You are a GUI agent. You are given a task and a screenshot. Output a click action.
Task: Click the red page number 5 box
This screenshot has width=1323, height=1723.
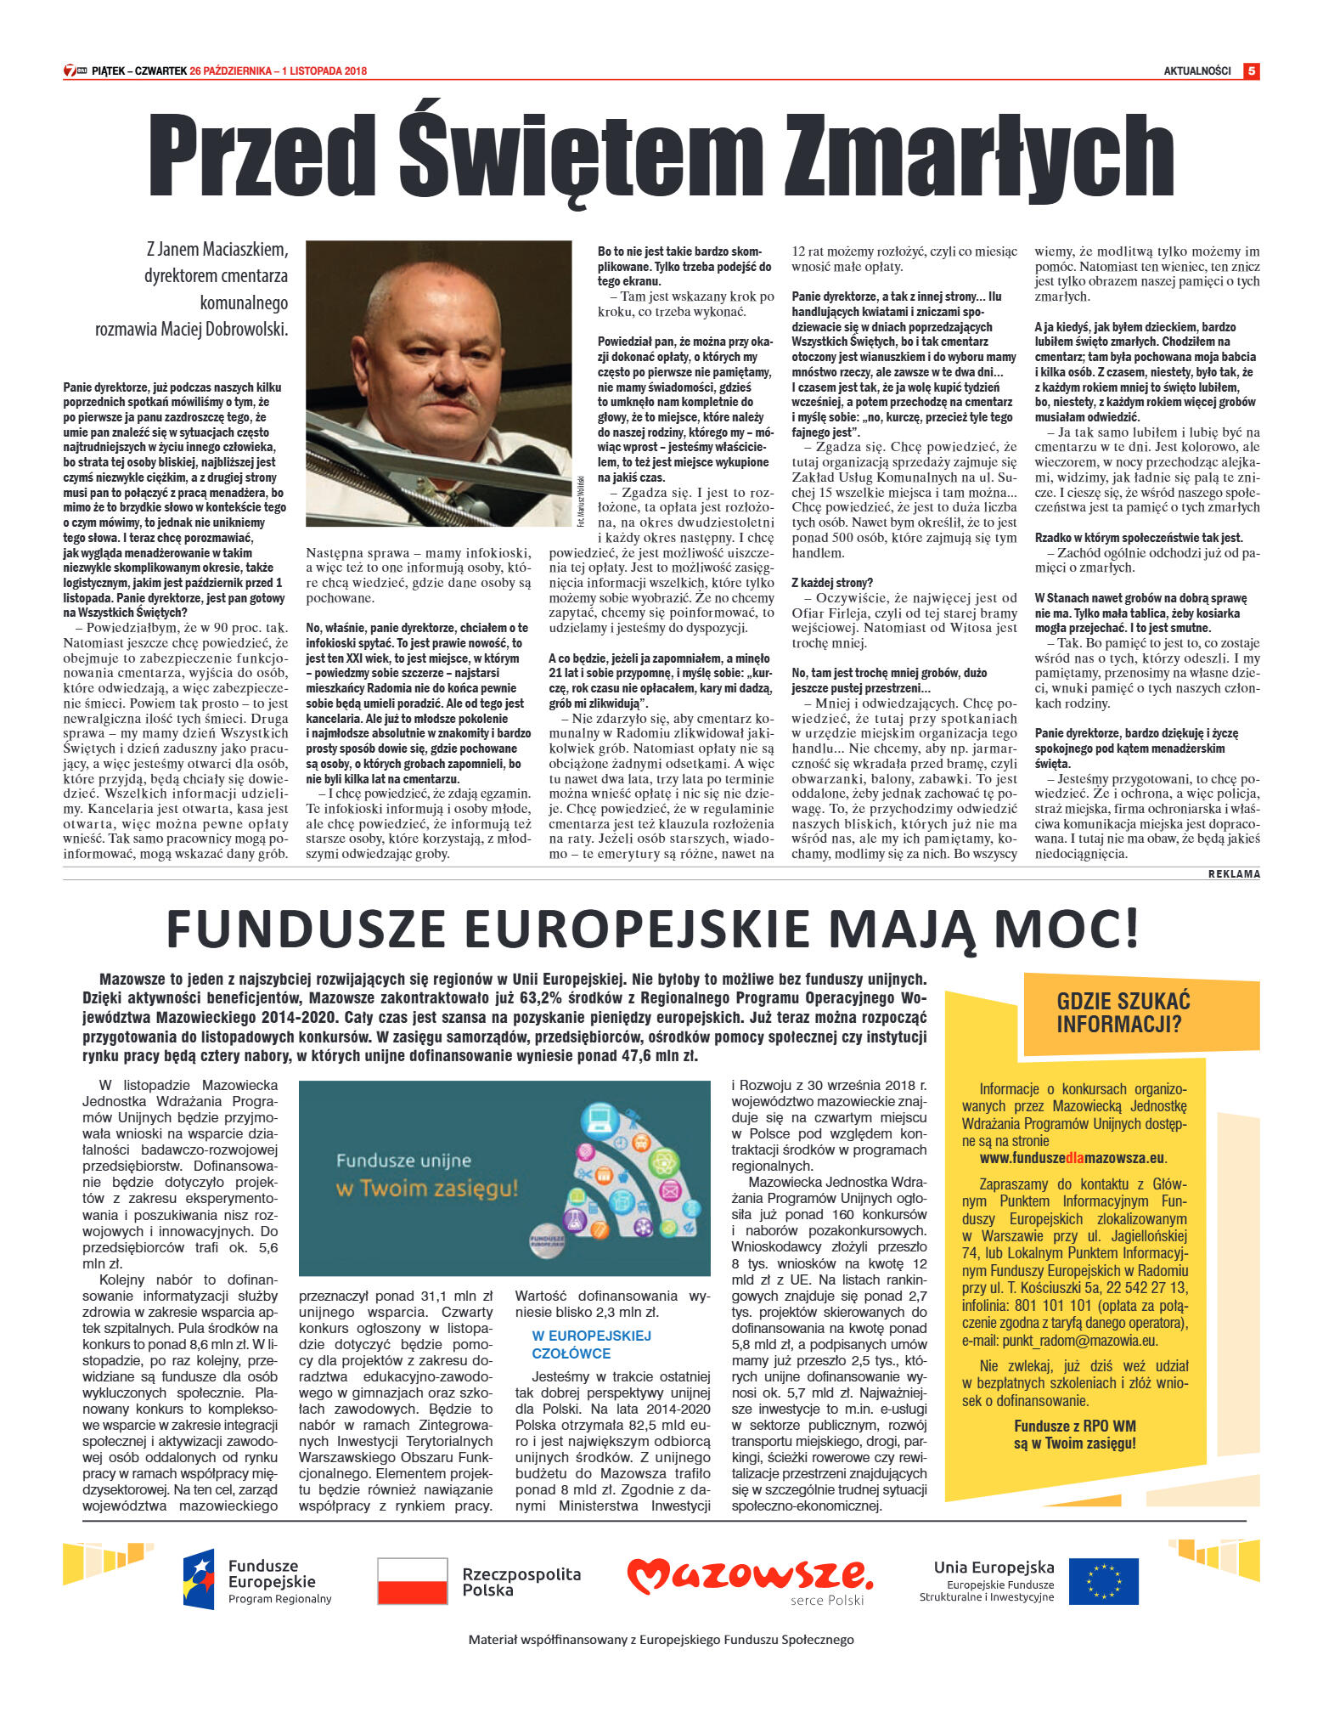[x=1251, y=71]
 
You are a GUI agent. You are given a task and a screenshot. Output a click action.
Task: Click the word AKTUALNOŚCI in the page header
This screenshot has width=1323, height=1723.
[x=1196, y=71]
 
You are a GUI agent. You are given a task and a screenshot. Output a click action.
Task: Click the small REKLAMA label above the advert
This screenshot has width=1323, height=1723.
[x=1233, y=873]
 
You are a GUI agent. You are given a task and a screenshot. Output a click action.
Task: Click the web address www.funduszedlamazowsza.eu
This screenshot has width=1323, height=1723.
[x=1072, y=1157]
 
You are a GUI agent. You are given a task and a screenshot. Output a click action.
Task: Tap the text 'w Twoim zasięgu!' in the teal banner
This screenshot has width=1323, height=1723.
[x=426, y=1188]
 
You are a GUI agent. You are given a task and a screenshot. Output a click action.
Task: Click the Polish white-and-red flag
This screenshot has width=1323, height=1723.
[x=412, y=1581]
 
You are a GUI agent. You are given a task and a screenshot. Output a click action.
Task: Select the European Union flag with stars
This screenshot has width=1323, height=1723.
[x=1103, y=1581]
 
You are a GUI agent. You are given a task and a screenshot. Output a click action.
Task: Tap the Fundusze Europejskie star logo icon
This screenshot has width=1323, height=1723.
[x=199, y=1579]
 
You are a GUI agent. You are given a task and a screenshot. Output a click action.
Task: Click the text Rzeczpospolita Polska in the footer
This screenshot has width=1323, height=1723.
[x=521, y=1581]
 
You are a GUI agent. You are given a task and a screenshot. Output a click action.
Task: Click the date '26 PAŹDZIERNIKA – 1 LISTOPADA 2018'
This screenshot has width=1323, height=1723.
[x=279, y=71]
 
